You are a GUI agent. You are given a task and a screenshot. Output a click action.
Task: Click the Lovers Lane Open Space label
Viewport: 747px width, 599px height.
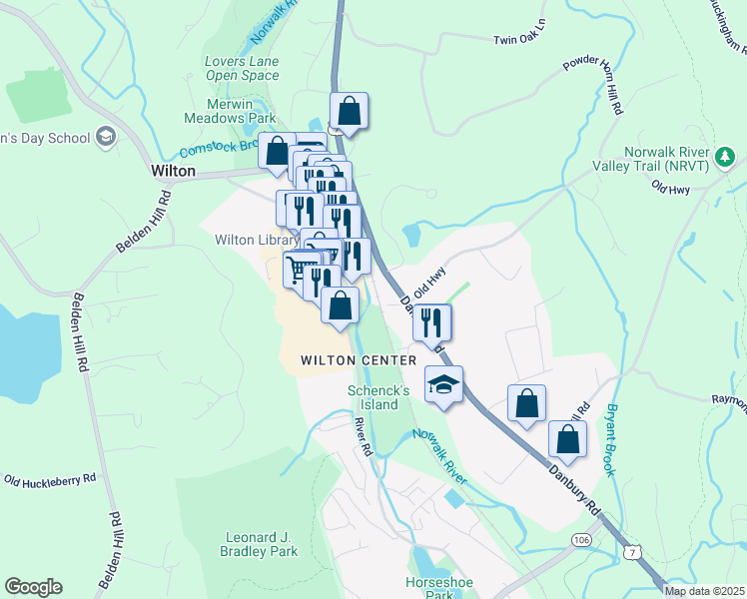(x=242, y=68)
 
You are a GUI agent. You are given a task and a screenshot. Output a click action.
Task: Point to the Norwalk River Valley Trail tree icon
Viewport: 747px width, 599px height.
(x=724, y=156)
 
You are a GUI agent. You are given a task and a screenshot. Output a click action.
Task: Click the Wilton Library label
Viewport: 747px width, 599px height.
(x=257, y=240)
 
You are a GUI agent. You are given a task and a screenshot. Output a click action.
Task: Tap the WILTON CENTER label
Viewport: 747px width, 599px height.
(x=360, y=359)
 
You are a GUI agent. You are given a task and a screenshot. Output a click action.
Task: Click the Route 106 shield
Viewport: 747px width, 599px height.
(x=581, y=539)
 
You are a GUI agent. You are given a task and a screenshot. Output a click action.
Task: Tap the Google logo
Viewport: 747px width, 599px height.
(x=33, y=587)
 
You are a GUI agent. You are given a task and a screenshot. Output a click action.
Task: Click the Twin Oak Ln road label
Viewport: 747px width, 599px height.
(x=520, y=38)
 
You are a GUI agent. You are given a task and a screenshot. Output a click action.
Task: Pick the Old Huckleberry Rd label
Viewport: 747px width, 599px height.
(x=50, y=480)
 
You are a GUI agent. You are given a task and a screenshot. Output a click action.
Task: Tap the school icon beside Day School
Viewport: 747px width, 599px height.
(x=106, y=137)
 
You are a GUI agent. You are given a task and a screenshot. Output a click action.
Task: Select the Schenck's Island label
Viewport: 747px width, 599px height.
(x=373, y=397)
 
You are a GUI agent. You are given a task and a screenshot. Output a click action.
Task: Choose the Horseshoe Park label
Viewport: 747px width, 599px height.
(x=432, y=588)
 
